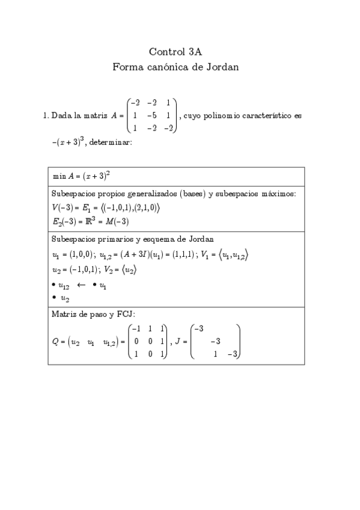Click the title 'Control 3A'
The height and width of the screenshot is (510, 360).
(179, 52)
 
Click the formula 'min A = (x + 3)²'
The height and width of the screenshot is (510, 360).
(81, 176)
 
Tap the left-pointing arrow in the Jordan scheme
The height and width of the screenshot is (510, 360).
(82, 284)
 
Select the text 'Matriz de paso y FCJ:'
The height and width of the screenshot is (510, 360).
(93, 314)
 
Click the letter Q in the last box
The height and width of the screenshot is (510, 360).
(55, 342)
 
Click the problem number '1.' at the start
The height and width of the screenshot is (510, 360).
(46, 115)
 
